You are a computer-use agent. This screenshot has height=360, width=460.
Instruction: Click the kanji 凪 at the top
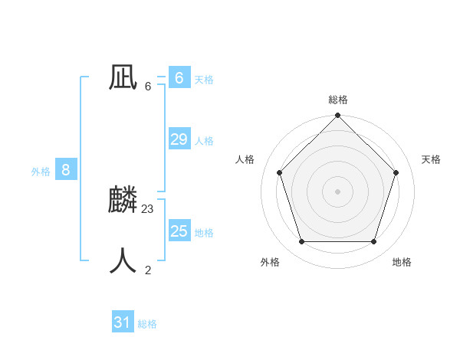pyautogui.click(x=123, y=77)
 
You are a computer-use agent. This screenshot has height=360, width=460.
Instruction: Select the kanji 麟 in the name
pyautogui.click(x=123, y=201)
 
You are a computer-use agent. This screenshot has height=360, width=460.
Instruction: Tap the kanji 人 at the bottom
pyautogui.click(x=123, y=260)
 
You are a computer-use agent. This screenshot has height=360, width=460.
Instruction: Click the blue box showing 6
pyautogui.click(x=179, y=78)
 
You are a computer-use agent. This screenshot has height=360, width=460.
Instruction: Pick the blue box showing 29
pyautogui.click(x=179, y=139)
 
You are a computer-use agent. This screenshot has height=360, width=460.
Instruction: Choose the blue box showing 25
pyautogui.click(x=179, y=231)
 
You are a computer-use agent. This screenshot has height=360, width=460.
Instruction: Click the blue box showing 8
pyautogui.click(x=66, y=170)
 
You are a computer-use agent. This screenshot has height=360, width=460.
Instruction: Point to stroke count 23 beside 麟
pyautogui.click(x=148, y=208)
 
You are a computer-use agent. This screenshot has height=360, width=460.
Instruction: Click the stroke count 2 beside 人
pyautogui.click(x=148, y=270)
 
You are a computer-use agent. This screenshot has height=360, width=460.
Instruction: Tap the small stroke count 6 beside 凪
pyautogui.click(x=148, y=86)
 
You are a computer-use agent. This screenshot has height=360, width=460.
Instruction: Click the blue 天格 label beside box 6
pyautogui.click(x=204, y=80)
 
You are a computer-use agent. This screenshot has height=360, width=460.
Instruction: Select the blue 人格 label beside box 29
pyautogui.click(x=204, y=141)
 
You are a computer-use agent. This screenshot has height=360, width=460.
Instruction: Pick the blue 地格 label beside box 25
pyautogui.click(x=204, y=233)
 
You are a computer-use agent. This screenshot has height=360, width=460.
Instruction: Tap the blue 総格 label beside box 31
pyautogui.click(x=147, y=325)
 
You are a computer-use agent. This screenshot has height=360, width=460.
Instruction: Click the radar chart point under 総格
pyautogui.click(x=337, y=116)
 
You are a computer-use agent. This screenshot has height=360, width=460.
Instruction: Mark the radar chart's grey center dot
pyautogui.click(x=337, y=191)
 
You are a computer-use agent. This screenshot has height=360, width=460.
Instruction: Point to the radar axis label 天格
pyautogui.click(x=432, y=159)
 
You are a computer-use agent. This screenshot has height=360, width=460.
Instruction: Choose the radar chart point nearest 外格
pyautogui.click(x=301, y=242)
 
